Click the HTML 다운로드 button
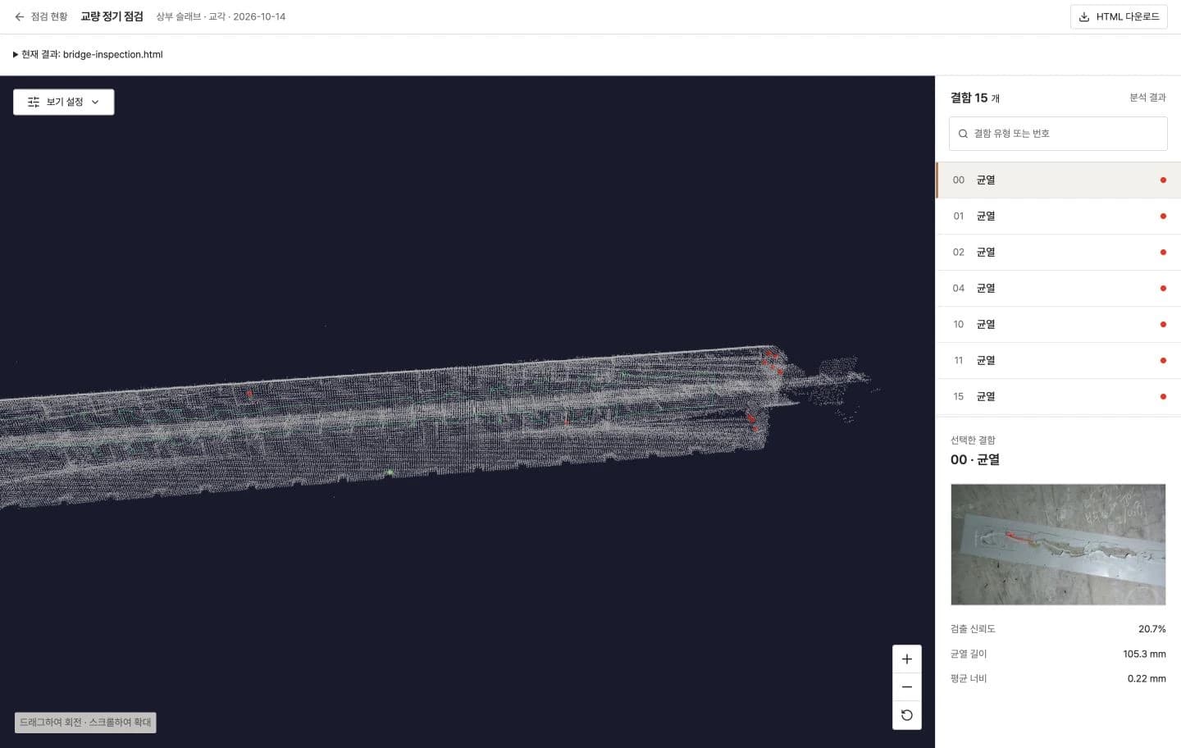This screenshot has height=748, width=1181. pyautogui.click(x=1119, y=17)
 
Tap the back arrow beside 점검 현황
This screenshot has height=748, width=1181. pyautogui.click(x=20, y=17)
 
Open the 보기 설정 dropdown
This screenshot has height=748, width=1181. pyautogui.click(x=64, y=102)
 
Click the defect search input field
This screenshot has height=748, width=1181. pyautogui.click(x=1058, y=134)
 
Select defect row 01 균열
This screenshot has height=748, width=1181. pyautogui.click(x=1058, y=217)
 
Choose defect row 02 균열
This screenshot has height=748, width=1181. pyautogui.click(x=1058, y=253)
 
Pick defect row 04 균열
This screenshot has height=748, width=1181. pyautogui.click(x=1058, y=289)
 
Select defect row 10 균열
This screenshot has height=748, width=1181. pyautogui.click(x=1058, y=325)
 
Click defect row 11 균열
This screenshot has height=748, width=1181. pyautogui.click(x=1058, y=361)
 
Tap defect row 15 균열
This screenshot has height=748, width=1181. pyautogui.click(x=1058, y=396)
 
